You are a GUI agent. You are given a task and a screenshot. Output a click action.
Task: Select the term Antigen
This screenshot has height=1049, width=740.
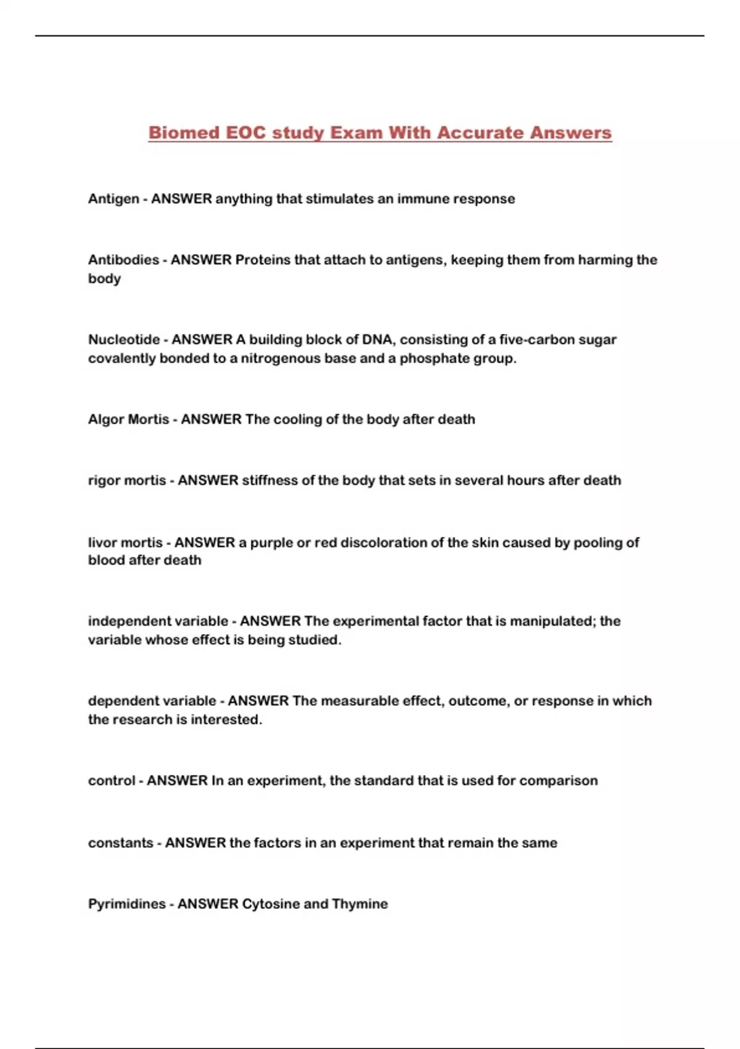coord(113,199)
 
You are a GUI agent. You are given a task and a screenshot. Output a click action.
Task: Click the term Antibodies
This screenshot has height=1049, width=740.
coord(123,260)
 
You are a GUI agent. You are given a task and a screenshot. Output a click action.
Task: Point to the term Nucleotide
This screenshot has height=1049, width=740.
coord(124,339)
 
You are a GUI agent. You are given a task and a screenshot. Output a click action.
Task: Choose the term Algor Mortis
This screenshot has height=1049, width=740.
coord(128,419)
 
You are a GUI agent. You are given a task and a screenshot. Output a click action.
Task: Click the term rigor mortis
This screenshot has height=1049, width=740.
coord(127,480)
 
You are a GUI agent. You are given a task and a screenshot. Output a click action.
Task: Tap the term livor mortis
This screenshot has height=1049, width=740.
coord(125,542)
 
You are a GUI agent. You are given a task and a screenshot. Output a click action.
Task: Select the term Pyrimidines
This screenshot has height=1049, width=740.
coord(126,904)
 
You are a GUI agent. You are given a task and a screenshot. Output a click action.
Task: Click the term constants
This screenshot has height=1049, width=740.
coord(120,843)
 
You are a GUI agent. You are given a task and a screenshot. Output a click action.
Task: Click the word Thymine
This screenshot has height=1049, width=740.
coord(360,904)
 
